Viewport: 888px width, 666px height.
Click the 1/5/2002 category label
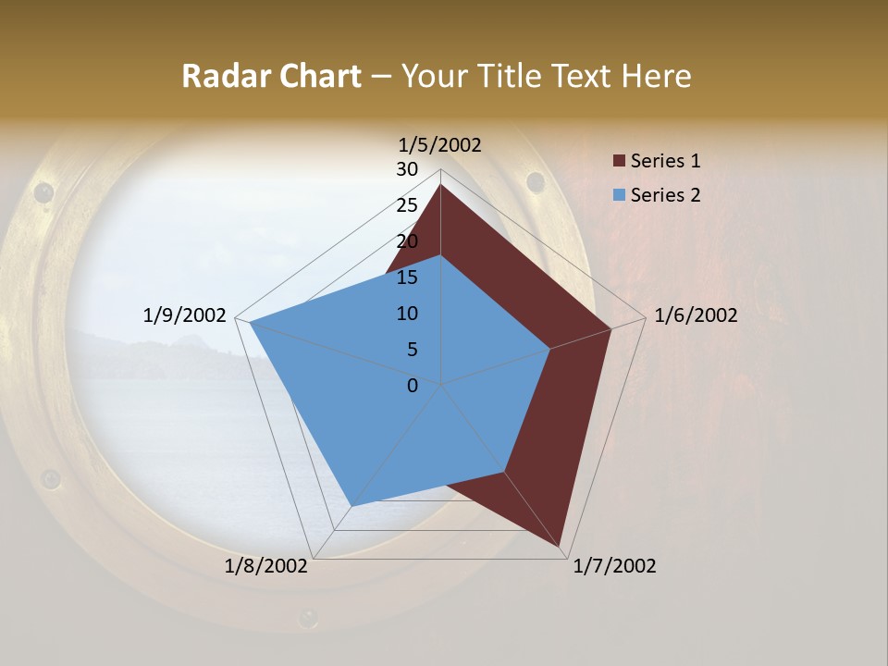pos(440,144)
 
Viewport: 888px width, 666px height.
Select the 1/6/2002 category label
pos(696,315)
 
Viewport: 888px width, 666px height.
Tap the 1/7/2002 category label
pos(614,566)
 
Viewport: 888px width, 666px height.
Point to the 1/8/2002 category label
pos(266,566)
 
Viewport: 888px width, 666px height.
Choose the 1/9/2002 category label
pos(185,315)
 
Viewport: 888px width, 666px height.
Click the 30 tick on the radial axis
pos(407,169)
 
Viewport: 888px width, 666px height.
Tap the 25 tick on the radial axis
pos(407,205)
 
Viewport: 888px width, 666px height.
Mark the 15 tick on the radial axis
pos(407,277)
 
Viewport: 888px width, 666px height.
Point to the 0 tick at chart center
pos(413,386)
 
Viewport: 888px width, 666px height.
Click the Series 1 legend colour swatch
pos(619,161)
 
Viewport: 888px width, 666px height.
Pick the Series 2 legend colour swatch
pos(619,195)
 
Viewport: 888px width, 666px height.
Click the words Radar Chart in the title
pos(271,76)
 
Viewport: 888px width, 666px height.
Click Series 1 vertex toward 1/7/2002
pos(561,546)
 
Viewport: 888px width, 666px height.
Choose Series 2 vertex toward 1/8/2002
pos(351,506)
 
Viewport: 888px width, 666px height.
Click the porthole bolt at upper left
pos(43,192)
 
